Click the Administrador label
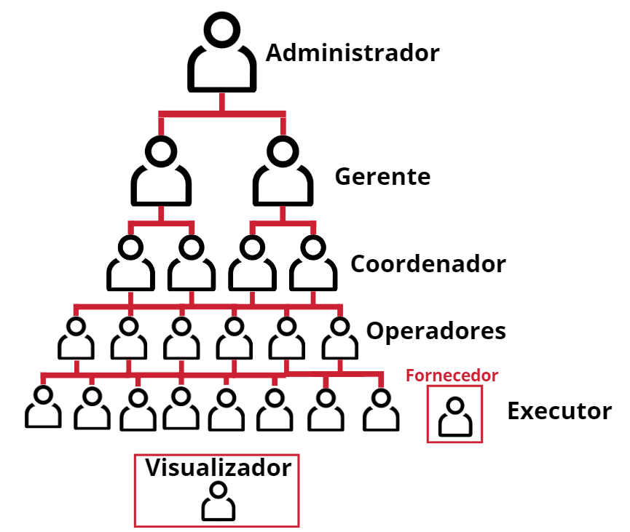click(353, 53)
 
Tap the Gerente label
click(382, 177)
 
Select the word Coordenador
click(428, 263)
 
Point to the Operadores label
click(436, 331)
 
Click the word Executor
click(559, 411)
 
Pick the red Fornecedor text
click(452, 376)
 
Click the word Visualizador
click(218, 468)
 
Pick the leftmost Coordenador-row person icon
click(130, 264)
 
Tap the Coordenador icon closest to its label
click(313, 264)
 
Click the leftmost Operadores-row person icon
click(75, 338)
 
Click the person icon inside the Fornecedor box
click(454, 417)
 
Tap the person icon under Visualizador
click(218, 501)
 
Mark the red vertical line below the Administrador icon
click(222, 102)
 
